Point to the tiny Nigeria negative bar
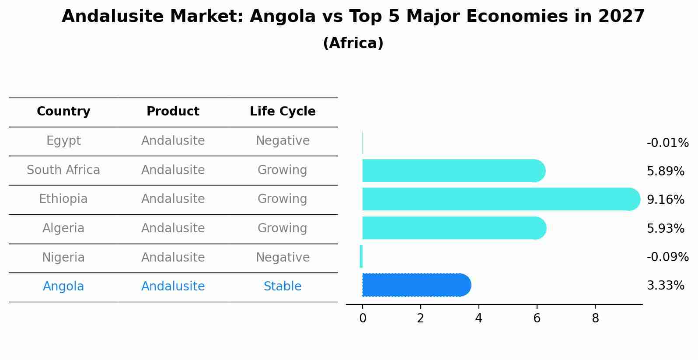[x=361, y=256]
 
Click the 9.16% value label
[x=665, y=200]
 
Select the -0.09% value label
[x=667, y=257]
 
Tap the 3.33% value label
[x=665, y=286]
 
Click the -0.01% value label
[x=667, y=143]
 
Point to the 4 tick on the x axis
[x=478, y=318]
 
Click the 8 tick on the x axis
[x=595, y=318]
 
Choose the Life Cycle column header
[x=283, y=112]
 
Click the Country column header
[x=63, y=112]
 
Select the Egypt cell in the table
[x=63, y=141]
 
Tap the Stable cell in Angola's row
[x=283, y=287]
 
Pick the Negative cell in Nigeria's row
[x=283, y=257]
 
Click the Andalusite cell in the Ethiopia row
[x=173, y=199]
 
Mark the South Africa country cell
[x=63, y=170]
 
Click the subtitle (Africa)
[x=353, y=43]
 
